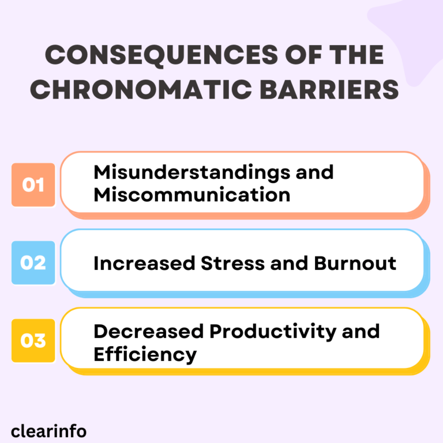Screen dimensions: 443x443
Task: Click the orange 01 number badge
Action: [33, 185]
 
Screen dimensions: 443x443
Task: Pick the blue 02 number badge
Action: [33, 262]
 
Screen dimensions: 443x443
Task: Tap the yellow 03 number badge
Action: [33, 340]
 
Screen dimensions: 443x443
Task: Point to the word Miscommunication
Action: [192, 194]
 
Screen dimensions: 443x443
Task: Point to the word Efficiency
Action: [145, 354]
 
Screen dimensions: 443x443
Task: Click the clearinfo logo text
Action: [49, 430]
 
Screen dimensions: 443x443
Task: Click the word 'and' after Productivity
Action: [361, 331]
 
